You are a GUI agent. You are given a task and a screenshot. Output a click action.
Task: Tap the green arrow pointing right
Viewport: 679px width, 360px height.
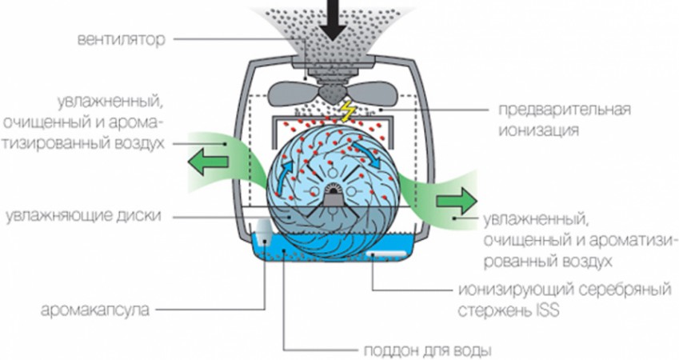pyautogui.click(x=457, y=199)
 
